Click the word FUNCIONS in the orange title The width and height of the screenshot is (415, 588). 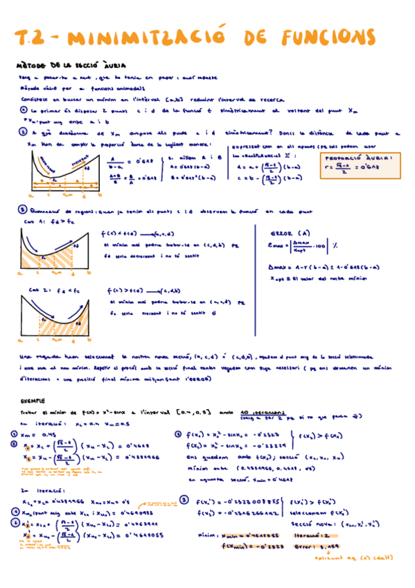click(330, 36)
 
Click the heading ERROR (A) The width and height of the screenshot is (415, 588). click(292, 232)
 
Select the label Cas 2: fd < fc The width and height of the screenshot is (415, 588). click(48, 290)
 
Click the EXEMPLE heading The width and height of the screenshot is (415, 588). click(32, 400)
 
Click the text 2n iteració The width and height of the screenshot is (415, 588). click(41, 490)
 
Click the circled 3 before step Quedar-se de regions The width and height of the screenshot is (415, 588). click(23, 209)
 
